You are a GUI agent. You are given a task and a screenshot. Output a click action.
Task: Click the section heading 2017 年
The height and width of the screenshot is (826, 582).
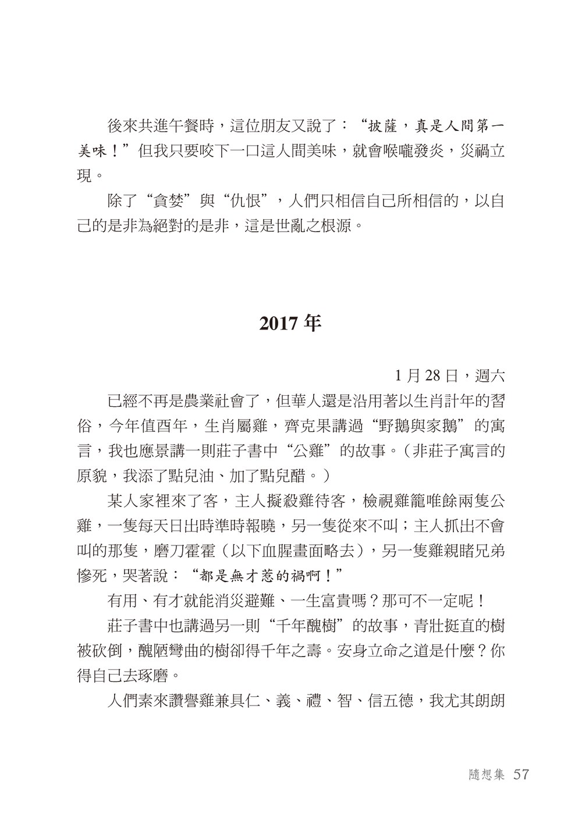[x=290, y=323]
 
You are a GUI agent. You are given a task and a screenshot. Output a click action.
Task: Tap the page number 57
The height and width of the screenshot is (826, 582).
[x=517, y=775]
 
